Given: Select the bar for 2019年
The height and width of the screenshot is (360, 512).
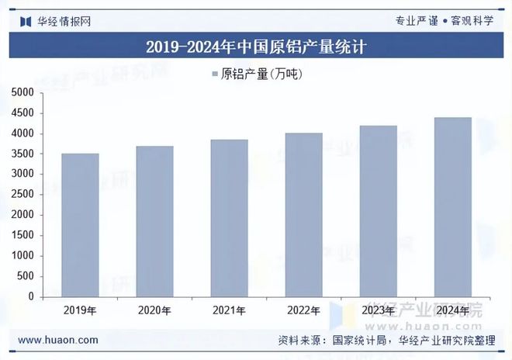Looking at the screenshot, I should point(80,225).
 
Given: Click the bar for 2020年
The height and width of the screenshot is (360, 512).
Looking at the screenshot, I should point(154,221).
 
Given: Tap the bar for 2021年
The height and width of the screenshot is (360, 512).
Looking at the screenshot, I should point(229,218).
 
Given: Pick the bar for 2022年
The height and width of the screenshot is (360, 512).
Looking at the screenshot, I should point(303,215).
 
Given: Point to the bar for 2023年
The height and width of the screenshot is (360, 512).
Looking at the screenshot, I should point(378,211).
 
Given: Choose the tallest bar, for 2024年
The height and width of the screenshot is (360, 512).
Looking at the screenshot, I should point(452,207).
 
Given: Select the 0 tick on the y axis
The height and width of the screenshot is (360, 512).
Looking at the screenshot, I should point(31,296).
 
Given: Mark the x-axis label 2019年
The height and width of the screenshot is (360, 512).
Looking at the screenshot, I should point(80,311).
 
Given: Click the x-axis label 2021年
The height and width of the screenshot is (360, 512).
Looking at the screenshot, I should point(229,311).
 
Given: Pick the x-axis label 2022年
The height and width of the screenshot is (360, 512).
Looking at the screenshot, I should point(303,311).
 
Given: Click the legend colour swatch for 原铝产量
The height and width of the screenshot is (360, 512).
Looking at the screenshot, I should point(213,74).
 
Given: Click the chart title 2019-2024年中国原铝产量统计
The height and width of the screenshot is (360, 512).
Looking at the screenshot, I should point(256,47).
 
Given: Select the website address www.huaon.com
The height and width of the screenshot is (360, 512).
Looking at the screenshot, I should point(57,340).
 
